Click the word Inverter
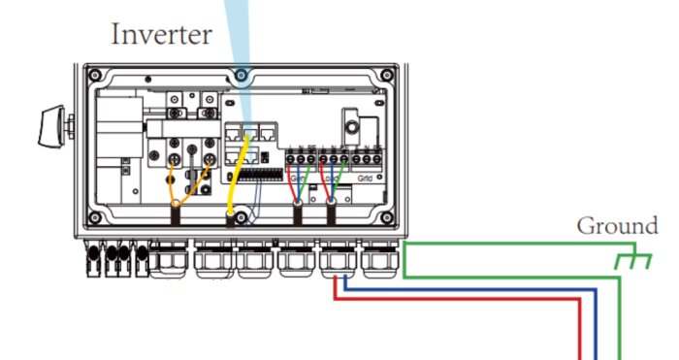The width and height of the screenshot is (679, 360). coord(161,35)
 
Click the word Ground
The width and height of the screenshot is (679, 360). coord(617,226)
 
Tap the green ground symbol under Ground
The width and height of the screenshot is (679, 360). coord(630,261)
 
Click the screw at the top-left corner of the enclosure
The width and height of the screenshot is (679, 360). coord(94,75)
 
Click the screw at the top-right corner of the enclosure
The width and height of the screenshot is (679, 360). coord(387,75)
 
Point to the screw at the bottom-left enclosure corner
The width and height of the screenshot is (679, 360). coord(94,216)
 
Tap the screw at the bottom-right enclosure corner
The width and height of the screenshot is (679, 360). coord(387,216)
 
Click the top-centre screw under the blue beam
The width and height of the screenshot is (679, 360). coord(241,75)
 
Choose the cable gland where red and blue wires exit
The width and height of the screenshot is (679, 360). coord(336,260)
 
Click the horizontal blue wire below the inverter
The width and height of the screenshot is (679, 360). coord(466,288)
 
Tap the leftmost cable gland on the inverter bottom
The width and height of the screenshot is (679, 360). coord(171,260)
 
